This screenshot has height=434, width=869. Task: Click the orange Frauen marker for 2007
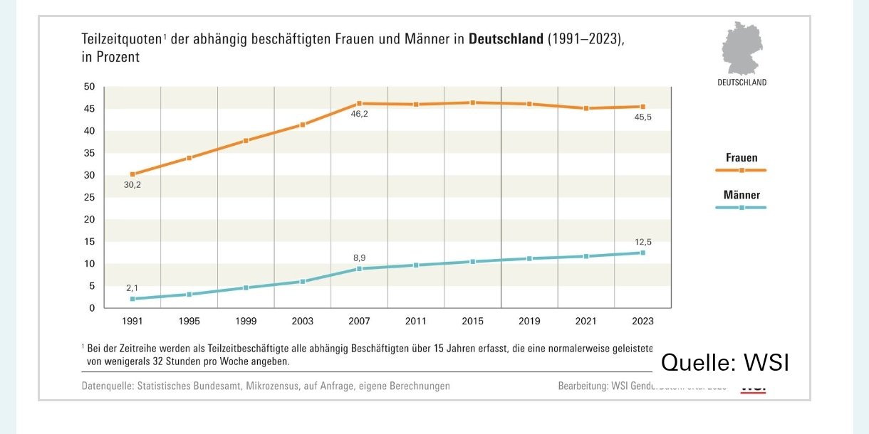(359, 104)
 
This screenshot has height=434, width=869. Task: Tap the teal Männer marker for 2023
(642, 253)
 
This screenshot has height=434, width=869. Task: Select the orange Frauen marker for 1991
(132, 174)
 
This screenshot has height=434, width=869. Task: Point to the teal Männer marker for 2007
(359, 268)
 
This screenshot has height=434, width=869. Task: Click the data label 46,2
(359, 114)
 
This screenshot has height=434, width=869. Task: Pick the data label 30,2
(132, 185)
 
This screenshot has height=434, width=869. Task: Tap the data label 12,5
(644, 242)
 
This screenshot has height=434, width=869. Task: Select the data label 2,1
(132, 288)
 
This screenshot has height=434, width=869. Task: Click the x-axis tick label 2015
(472, 322)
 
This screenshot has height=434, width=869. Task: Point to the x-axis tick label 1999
(246, 322)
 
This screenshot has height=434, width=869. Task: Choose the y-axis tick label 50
(89, 87)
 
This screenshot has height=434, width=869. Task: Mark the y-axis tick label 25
(89, 197)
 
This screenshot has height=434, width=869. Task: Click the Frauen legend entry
(741, 158)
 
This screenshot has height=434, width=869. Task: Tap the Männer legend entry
(741, 195)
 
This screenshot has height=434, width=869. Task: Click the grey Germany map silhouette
(741, 48)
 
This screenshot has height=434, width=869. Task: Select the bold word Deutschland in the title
(506, 40)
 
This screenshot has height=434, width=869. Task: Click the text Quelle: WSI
(724, 363)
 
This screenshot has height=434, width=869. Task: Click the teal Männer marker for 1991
(132, 299)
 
